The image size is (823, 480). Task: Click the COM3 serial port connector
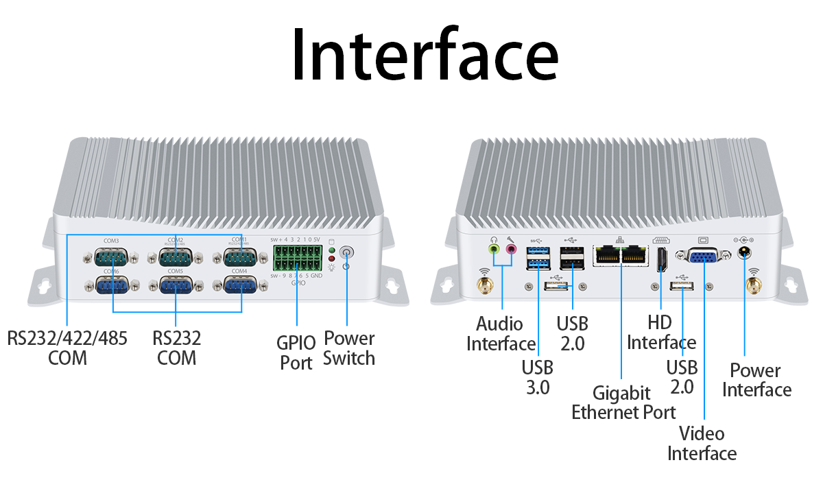(x=111, y=258)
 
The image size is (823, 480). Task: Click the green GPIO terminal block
(x=297, y=259)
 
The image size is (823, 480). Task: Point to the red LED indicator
(x=332, y=260)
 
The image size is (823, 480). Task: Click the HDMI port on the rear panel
(x=662, y=260)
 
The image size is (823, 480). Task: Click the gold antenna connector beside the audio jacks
(x=485, y=283)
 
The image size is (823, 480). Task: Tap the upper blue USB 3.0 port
(x=536, y=252)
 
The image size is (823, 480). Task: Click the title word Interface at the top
(x=425, y=53)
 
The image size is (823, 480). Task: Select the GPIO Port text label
(x=296, y=352)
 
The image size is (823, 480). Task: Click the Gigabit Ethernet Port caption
(x=623, y=403)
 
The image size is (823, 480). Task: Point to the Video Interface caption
(x=702, y=443)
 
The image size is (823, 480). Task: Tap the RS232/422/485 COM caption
(x=67, y=348)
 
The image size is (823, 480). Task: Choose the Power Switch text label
(x=349, y=348)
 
